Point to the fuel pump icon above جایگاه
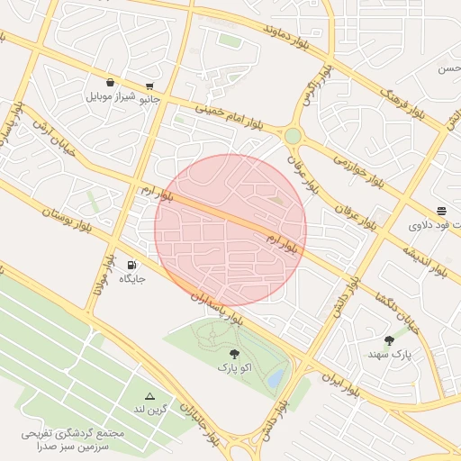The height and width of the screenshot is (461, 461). click(x=132, y=266)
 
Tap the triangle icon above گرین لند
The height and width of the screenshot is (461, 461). click(x=150, y=396)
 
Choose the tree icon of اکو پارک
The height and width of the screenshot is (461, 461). click(x=235, y=354)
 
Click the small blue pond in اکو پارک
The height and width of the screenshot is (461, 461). click(x=276, y=375)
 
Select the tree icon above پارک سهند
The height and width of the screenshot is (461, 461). click(x=389, y=340)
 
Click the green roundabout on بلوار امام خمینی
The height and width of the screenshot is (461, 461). click(x=293, y=136)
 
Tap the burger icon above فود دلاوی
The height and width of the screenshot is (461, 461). click(x=441, y=211)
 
